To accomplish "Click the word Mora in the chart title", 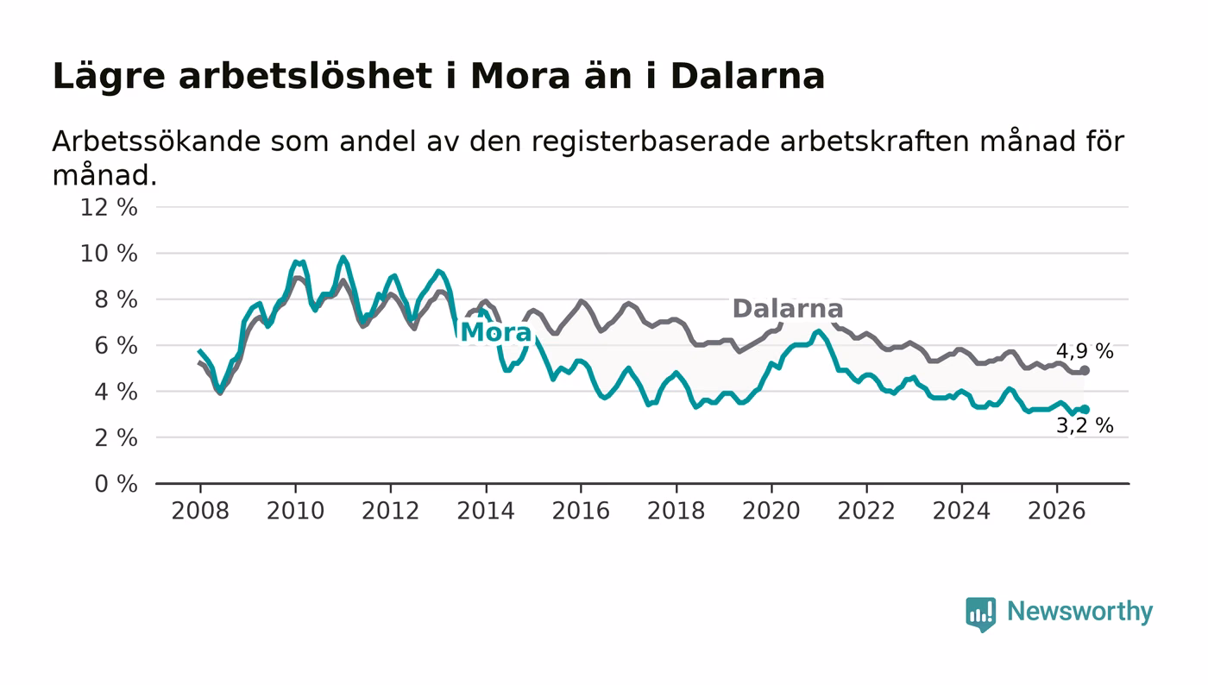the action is (x=519, y=77).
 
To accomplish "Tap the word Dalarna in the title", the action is (x=747, y=77).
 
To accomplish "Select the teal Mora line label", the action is (x=496, y=332).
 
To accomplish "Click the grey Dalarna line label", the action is (x=787, y=309).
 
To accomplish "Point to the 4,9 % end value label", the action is (x=1085, y=352).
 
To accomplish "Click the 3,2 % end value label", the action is (x=1085, y=425).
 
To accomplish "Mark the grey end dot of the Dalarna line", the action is (x=1085, y=371).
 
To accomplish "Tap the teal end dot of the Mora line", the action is (x=1085, y=410).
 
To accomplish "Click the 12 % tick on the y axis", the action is (x=109, y=208).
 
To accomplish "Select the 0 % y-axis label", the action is (x=116, y=484).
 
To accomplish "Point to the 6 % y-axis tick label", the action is (x=116, y=346).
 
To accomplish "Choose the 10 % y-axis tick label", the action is (x=109, y=254).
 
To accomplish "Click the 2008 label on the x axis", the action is (x=200, y=511).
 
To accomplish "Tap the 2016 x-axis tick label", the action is (x=581, y=511).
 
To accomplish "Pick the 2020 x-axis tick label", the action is (x=771, y=511).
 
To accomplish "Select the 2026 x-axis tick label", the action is (x=1056, y=511).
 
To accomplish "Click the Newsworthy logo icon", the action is (x=980, y=613).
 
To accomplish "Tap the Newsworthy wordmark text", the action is (x=1079, y=612).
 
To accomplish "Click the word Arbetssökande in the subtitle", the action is (x=156, y=141).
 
